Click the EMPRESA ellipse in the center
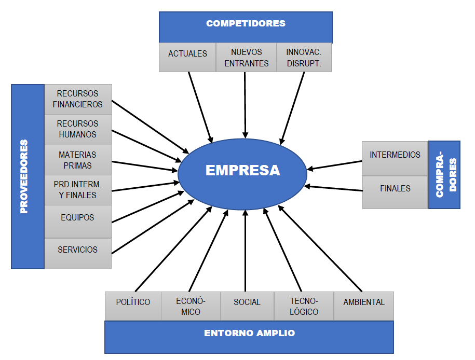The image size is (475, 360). click(242, 174)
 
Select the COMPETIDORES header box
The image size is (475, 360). click(246, 27)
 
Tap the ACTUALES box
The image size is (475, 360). click(187, 57)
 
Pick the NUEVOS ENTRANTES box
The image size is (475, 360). click(246, 57)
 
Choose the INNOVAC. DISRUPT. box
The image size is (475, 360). click(304, 57)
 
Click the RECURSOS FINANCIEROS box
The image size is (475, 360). click(78, 99)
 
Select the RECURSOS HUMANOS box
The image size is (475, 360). click(78, 130)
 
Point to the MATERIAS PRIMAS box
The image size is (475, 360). click(78, 160)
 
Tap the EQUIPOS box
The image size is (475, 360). click(78, 221)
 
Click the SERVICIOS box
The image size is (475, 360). click(78, 254)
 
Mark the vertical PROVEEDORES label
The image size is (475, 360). click(24, 176)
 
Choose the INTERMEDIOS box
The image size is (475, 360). click(395, 158)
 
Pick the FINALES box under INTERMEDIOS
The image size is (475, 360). click(395, 192)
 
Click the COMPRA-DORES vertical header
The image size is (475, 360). click(444, 175)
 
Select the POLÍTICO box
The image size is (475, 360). click(133, 306)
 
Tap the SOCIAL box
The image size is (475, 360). click(247, 306)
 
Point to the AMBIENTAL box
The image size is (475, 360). click(364, 306)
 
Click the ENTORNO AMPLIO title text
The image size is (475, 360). click(249, 333)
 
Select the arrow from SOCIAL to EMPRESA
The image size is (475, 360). click(246, 251)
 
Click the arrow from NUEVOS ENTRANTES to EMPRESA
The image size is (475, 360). click(245, 105)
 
